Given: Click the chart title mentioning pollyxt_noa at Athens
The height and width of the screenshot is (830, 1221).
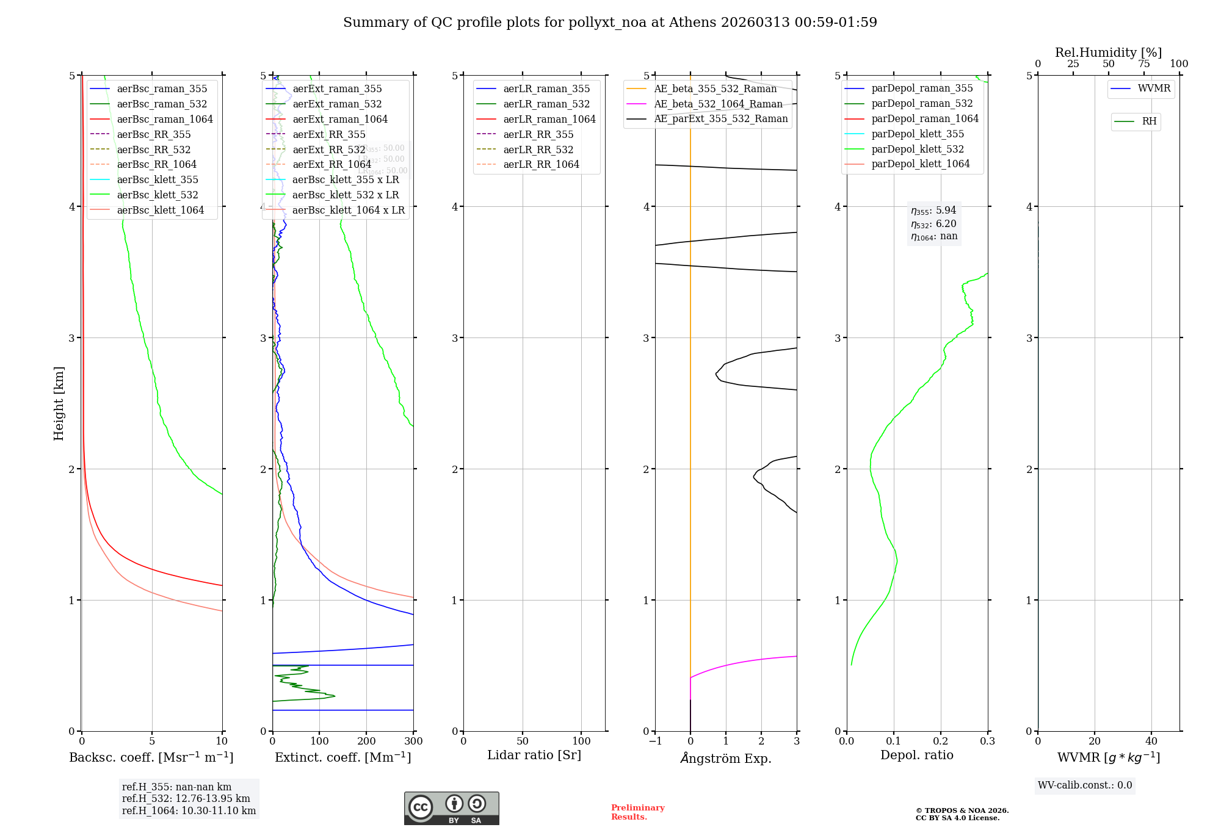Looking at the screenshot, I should [610, 23].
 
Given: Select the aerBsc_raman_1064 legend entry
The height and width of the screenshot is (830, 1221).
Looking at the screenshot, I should [165, 119].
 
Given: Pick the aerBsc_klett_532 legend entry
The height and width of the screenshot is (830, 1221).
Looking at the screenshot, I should [158, 195].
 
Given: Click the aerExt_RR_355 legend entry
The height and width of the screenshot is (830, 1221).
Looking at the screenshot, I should [329, 134].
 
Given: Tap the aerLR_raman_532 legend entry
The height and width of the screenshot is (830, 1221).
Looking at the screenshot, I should [546, 104].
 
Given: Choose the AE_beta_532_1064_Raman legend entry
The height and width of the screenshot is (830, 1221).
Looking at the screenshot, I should [718, 104].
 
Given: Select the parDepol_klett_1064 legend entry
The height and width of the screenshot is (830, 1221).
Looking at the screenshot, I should [921, 164].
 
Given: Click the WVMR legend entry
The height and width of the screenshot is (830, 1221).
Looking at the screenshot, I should [1154, 88].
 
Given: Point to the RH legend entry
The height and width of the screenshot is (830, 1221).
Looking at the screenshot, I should [1149, 121].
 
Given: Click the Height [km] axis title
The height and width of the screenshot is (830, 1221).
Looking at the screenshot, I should [59, 403].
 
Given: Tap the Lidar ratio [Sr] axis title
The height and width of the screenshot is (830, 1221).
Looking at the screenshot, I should [534, 755].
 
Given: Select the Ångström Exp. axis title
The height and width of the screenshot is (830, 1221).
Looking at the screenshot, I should [726, 758].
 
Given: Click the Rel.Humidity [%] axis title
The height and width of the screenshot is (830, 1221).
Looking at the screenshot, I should [1108, 52].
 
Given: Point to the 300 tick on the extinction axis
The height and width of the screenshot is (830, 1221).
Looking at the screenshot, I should [413, 742].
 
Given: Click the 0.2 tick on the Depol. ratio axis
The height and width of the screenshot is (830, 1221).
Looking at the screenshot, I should [941, 742].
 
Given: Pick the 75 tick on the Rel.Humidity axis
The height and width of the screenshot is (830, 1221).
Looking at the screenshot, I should [1144, 64].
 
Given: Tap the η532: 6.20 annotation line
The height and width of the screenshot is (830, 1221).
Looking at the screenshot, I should [934, 224].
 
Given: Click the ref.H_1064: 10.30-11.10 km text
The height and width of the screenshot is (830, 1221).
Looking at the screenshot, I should [189, 810].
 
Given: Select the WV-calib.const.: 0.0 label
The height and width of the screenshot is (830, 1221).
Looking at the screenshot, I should [1085, 785].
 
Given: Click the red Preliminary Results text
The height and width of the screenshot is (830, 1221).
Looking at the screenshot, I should [637, 812].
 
